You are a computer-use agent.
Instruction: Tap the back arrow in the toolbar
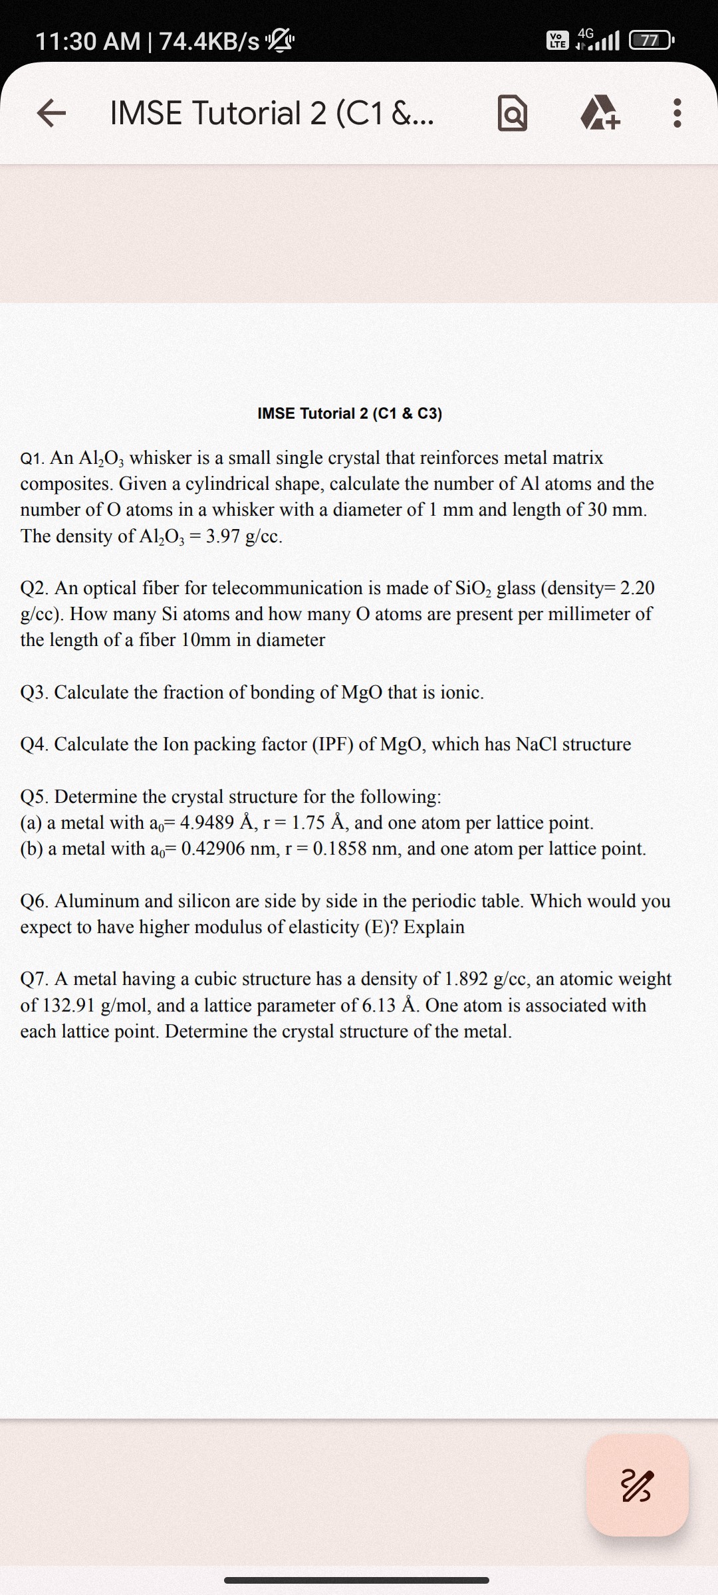pyautogui.click(x=51, y=113)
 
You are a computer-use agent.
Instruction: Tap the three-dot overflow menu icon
pyautogui.click(x=677, y=113)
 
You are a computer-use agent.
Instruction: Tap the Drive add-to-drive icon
pyautogui.click(x=600, y=114)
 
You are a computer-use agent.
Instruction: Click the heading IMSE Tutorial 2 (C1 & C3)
pyautogui.click(x=350, y=413)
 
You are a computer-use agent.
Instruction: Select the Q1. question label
pyautogui.click(x=33, y=458)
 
